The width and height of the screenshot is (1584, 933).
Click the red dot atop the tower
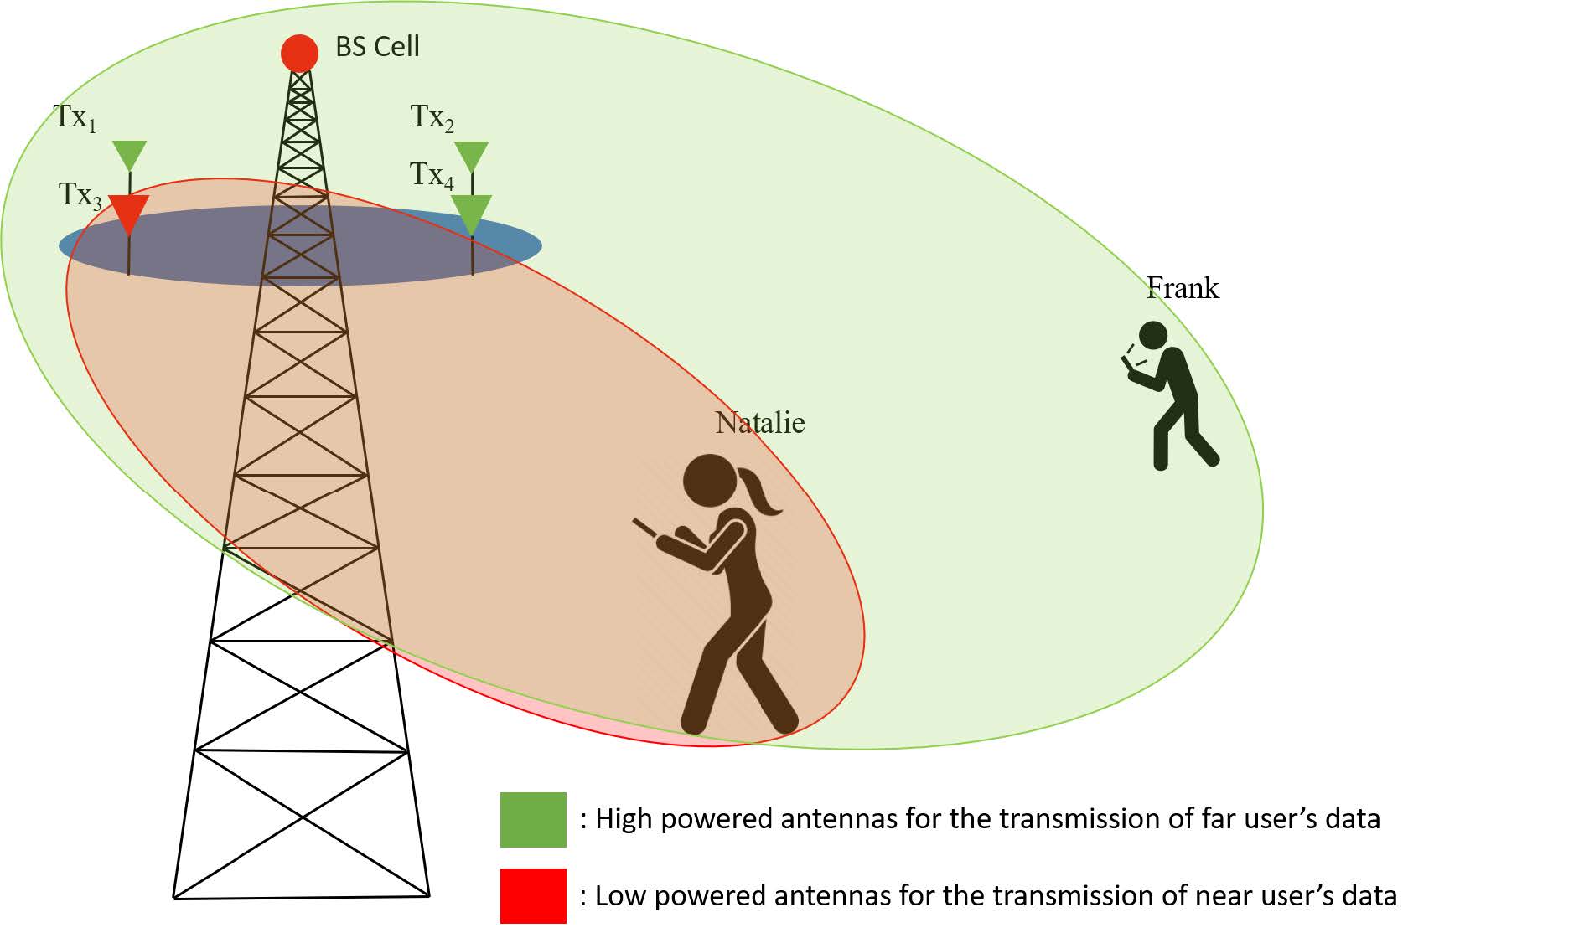pyautogui.click(x=299, y=54)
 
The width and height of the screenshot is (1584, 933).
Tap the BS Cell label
pyautogui.click(x=377, y=46)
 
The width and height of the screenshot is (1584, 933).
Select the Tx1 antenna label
pyautogui.click(x=75, y=118)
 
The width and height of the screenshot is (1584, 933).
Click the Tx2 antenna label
pyautogui.click(x=432, y=118)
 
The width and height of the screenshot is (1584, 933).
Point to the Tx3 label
pyautogui.click(x=80, y=195)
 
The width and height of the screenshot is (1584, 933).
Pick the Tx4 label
pyautogui.click(x=431, y=175)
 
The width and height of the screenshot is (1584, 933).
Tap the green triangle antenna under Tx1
pyautogui.click(x=129, y=155)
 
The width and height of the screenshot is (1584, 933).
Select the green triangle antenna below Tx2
pyautogui.click(x=471, y=156)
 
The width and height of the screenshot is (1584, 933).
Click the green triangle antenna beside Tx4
pyautogui.click(x=471, y=213)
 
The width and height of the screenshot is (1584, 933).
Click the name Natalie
pyautogui.click(x=759, y=423)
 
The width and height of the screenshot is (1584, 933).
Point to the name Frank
pyautogui.click(x=1183, y=289)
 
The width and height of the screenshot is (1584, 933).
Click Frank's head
pyautogui.click(x=1153, y=335)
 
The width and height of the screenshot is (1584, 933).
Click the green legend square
pyautogui.click(x=533, y=819)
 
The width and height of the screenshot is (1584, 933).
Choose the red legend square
pyautogui.click(x=533, y=895)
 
